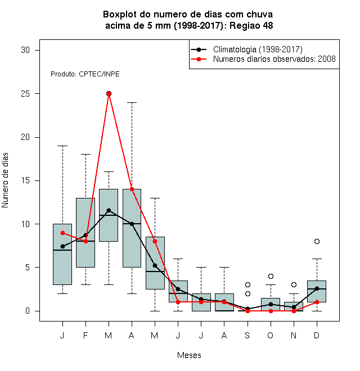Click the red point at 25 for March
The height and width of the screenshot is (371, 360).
(109, 94)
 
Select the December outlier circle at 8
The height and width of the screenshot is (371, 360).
(317, 241)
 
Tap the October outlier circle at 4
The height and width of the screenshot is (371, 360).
(271, 276)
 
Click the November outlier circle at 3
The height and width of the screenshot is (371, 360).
(294, 284)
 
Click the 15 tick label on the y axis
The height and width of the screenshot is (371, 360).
(25, 180)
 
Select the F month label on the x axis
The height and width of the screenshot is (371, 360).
(85, 335)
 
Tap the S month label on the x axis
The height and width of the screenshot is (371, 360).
(247, 335)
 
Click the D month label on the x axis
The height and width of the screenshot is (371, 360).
(317, 335)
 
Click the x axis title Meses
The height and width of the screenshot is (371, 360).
(189, 355)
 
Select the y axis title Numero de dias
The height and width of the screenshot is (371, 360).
(5, 180)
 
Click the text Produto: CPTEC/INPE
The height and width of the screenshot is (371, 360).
(85, 74)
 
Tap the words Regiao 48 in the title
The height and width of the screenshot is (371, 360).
(251, 25)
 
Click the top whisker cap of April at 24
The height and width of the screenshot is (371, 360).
(132, 102)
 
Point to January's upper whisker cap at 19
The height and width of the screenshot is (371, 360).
(62, 146)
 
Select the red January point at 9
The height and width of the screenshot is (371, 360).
(62, 233)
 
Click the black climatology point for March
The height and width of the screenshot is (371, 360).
(109, 210)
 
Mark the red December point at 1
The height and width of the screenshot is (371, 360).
(317, 302)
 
